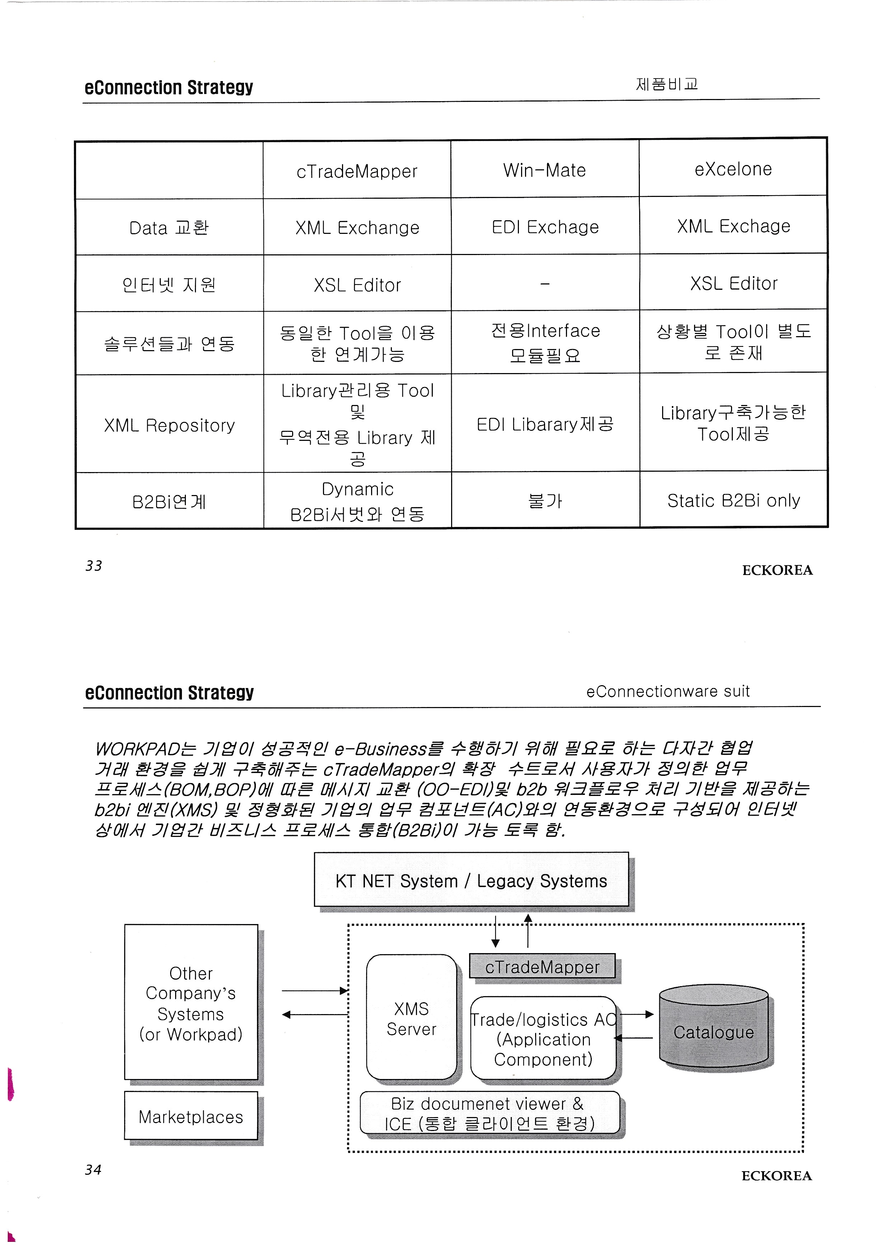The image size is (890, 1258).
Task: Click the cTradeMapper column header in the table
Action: (x=357, y=171)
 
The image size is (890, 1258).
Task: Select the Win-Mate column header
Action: (x=545, y=170)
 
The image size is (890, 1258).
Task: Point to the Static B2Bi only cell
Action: (x=733, y=501)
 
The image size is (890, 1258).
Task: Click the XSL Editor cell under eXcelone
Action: (x=733, y=284)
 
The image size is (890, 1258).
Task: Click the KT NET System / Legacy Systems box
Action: (x=471, y=881)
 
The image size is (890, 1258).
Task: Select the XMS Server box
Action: (x=411, y=1019)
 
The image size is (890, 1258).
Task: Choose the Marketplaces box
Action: (x=191, y=1117)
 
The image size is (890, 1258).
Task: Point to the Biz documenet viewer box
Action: (x=489, y=1113)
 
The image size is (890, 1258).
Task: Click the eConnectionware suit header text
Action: (x=667, y=692)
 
